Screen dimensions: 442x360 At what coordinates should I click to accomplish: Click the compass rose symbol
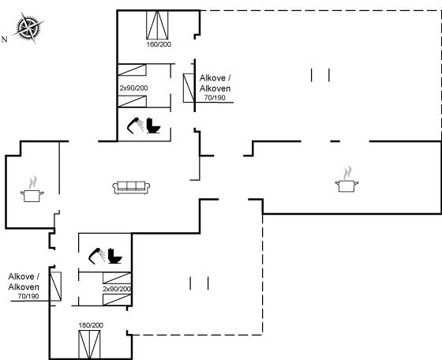[x=28, y=28]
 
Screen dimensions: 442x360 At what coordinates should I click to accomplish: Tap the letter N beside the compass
[x=4, y=39]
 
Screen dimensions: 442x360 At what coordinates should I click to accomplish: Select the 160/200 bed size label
[x=159, y=44]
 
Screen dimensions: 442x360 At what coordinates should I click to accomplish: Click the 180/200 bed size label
[x=91, y=325]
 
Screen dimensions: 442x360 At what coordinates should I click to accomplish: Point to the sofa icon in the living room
[x=131, y=187]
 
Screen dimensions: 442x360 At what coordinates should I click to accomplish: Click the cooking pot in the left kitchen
[x=32, y=189]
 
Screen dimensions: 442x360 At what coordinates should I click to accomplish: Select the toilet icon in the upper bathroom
[x=153, y=126]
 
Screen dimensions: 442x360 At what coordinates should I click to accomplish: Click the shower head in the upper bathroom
[x=135, y=125]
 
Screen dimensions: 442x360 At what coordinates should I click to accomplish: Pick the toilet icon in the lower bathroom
[x=114, y=256]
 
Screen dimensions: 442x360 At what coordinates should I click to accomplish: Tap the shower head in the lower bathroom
[x=96, y=256]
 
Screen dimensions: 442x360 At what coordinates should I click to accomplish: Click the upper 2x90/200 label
[x=133, y=88]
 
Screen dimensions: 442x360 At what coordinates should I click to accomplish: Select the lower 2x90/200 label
[x=117, y=289]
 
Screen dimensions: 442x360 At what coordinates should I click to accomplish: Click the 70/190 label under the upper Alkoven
[x=215, y=98]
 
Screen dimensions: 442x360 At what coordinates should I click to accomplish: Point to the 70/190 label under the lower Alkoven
[x=28, y=296]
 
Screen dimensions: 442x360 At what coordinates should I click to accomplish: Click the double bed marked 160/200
[x=157, y=24]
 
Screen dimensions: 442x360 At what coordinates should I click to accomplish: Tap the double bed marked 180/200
[x=89, y=344]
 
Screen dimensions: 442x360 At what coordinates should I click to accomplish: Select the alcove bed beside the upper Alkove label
[x=189, y=88]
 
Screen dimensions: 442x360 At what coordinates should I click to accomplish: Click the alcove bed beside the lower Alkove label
[x=55, y=286]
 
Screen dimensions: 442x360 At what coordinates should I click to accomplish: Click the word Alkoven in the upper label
[x=215, y=88]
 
